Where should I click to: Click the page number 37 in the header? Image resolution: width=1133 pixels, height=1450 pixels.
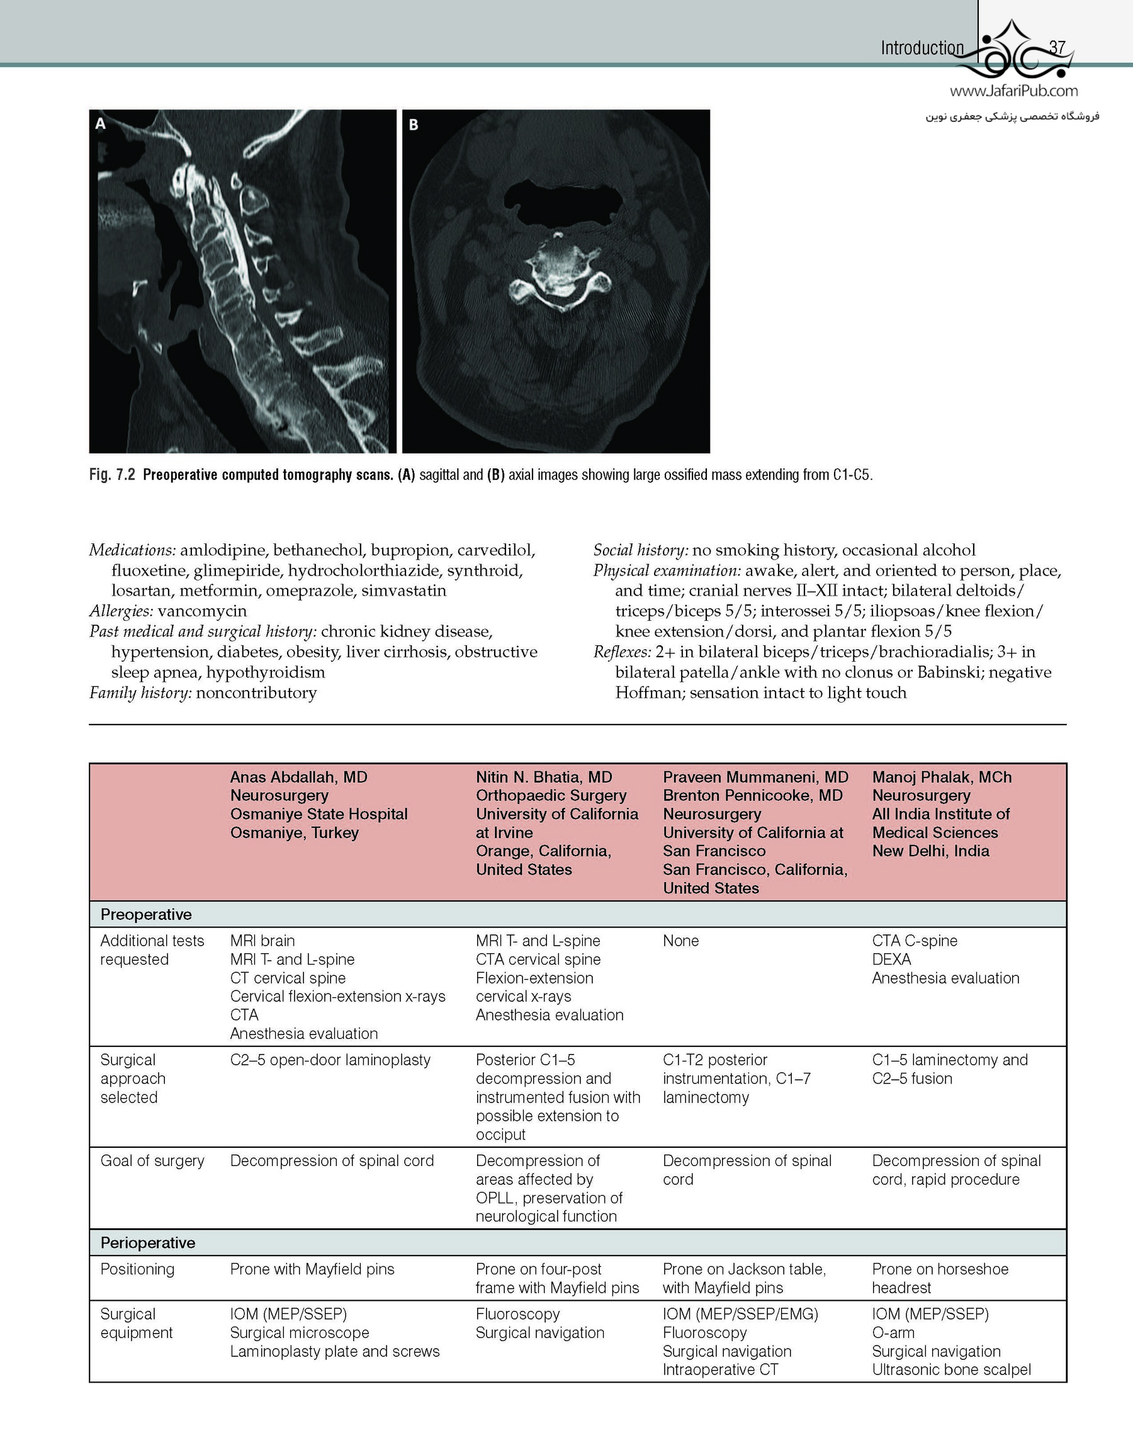[1057, 48]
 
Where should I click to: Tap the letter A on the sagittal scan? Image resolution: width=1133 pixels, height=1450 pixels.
[100, 123]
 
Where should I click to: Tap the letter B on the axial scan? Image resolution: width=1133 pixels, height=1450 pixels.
[414, 124]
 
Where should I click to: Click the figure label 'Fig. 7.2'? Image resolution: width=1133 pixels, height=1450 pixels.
[112, 475]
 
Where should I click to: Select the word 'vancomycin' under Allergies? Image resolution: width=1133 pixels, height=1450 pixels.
[202, 611]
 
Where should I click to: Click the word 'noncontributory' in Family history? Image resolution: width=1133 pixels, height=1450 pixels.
[256, 693]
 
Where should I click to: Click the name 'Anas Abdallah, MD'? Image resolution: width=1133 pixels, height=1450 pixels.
[299, 777]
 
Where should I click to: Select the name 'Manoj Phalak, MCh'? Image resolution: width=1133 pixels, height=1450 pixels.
[942, 777]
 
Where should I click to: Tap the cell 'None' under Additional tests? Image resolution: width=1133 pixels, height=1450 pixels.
[680, 941]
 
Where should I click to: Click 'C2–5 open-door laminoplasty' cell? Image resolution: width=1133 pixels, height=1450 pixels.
[330, 1060]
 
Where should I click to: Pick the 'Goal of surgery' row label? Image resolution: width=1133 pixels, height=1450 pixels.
[152, 1160]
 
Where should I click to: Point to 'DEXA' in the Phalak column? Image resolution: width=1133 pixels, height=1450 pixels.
[891, 960]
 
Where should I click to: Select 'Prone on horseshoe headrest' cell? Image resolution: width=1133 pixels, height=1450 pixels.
[940, 1278]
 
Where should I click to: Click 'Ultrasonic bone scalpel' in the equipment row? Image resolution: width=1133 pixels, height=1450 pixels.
[951, 1369]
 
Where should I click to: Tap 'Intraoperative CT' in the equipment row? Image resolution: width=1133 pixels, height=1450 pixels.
[720, 1369]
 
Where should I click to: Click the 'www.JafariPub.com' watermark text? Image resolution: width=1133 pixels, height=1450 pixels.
[1013, 91]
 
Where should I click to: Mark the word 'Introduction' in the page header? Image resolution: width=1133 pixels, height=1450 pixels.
[922, 48]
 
